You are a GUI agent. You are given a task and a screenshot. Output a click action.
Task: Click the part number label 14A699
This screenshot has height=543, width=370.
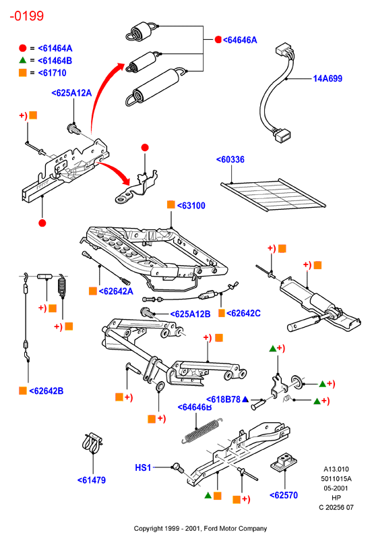pos(328,79)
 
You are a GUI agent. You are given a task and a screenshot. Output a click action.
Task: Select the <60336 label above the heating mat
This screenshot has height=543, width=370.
pos(230,160)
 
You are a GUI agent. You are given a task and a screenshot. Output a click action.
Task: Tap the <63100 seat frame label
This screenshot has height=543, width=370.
pos(191,206)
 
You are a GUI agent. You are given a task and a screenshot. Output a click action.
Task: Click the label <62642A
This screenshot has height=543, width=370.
pos(116,291)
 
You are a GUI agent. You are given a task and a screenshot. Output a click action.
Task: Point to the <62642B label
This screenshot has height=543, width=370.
pos(47,391)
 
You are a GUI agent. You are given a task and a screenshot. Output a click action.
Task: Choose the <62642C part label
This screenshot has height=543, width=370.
pos(243,314)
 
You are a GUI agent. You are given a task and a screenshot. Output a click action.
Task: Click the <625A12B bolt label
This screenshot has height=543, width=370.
pos(190,314)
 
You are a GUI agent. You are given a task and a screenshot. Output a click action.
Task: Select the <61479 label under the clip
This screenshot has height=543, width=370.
pos(92,480)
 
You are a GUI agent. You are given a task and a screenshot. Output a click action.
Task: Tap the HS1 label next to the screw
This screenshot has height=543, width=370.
pos(143,468)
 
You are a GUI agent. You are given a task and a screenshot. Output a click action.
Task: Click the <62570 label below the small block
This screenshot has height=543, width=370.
pos(284,496)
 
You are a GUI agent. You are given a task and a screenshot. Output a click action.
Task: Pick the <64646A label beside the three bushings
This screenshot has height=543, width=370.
pos(240,40)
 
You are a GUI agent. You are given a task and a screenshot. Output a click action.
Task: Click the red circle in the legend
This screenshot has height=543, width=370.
pos(23,48)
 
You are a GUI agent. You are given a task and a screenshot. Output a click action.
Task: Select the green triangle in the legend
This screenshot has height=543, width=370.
pos(23,60)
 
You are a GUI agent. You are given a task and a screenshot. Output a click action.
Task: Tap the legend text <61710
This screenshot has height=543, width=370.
pos(52,73)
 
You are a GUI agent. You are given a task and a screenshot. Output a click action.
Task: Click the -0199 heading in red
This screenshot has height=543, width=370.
pos(27,16)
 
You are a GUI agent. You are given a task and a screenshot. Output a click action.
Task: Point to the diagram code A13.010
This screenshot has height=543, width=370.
pos(336,469)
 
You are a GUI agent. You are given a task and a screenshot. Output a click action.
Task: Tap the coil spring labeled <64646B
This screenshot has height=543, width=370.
pos(202,431)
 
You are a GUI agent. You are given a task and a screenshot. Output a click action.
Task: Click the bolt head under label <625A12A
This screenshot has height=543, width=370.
pos(74,129)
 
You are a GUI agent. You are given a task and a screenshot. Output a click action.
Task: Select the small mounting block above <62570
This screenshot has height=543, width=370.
pos(284,462)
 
